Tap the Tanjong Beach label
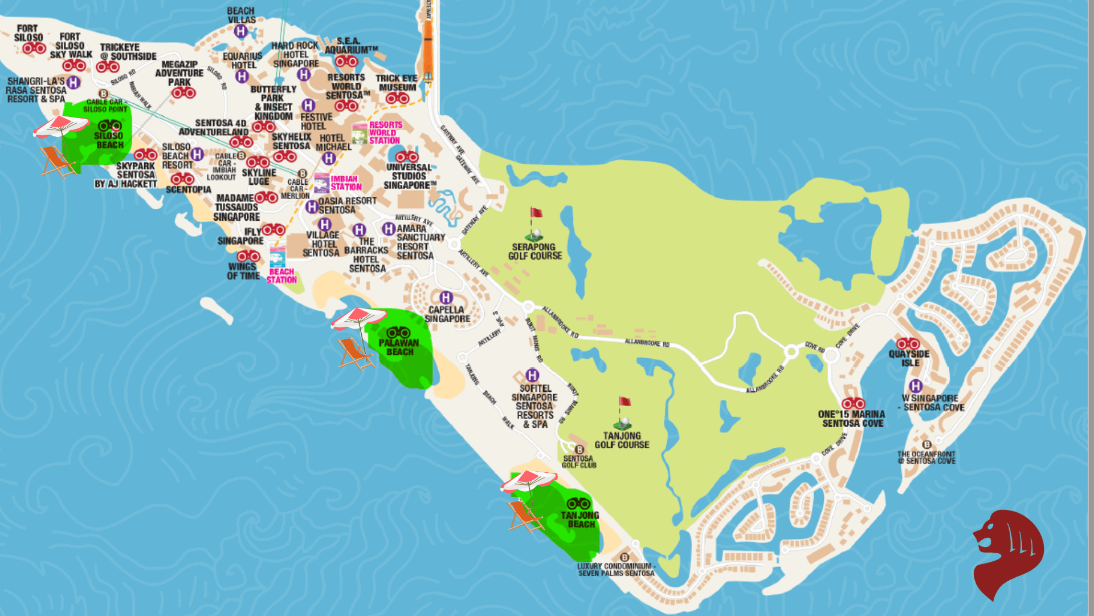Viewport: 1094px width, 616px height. click(x=580, y=519)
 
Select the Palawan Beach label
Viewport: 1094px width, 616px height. click(x=399, y=347)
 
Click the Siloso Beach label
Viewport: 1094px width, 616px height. click(x=109, y=140)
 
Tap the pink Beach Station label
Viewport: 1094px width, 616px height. click(x=281, y=275)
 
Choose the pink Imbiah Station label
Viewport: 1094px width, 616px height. click(x=346, y=183)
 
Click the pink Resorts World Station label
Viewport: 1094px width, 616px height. click(x=385, y=132)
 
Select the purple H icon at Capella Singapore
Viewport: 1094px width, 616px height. click(x=446, y=297)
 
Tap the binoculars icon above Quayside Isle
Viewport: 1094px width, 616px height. click(x=908, y=343)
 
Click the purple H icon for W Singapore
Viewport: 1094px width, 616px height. click(x=915, y=386)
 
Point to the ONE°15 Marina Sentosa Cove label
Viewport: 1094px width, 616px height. click(x=852, y=419)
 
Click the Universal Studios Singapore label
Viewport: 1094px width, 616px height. click(x=409, y=176)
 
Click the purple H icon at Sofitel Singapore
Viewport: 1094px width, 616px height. click(x=532, y=375)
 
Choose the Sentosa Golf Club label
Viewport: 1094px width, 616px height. click(x=578, y=461)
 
